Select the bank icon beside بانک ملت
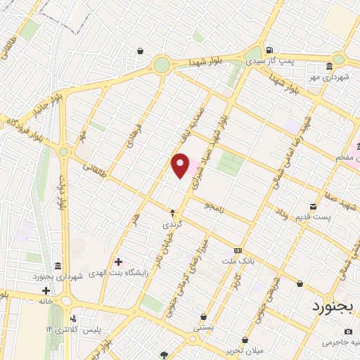click(238, 250)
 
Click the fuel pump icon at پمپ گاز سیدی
click(269, 51)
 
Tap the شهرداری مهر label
click(330, 77)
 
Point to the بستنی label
click(202, 328)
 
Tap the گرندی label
click(173, 224)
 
